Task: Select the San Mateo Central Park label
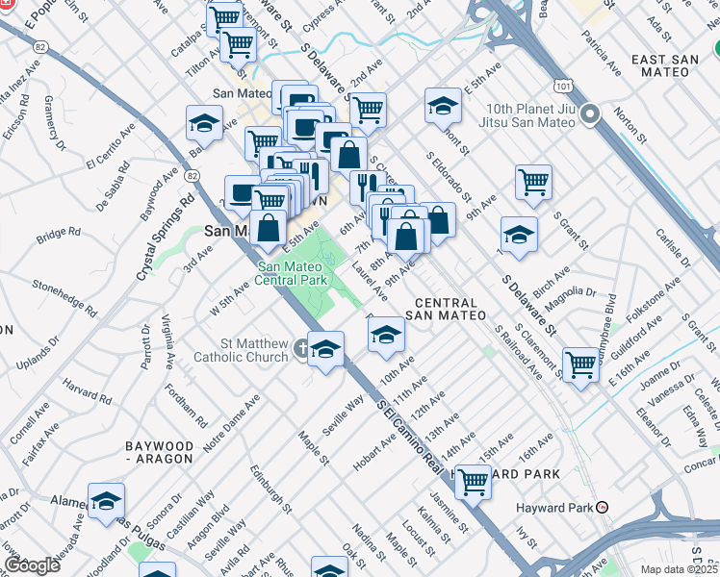click(292, 273)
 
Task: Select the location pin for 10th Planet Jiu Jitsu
click(591, 114)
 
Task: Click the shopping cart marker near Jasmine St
click(472, 481)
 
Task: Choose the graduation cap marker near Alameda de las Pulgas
click(106, 500)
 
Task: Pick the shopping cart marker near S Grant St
click(533, 181)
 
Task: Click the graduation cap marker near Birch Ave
click(519, 235)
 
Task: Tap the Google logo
click(32, 565)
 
